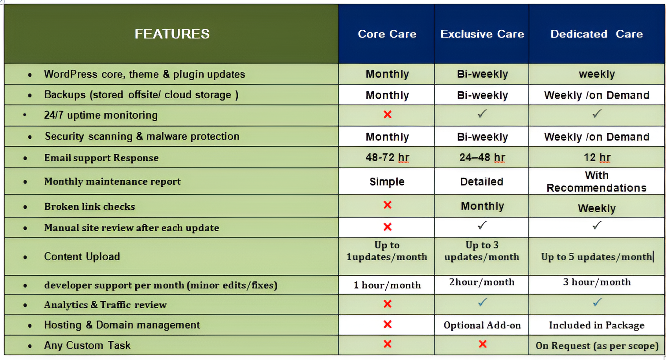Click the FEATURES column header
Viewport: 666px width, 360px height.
pyautogui.click(x=172, y=34)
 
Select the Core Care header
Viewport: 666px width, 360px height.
pyautogui.click(x=387, y=34)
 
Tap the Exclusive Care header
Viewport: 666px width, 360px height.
pyautogui.click(x=482, y=34)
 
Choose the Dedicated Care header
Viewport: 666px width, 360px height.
pyautogui.click(x=597, y=34)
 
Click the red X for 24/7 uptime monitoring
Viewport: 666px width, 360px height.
pyautogui.click(x=387, y=114)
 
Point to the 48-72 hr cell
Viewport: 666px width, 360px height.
pyautogui.click(x=387, y=158)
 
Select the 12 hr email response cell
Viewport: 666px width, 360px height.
pyautogui.click(x=597, y=158)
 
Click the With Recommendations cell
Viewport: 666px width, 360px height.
pyautogui.click(x=596, y=182)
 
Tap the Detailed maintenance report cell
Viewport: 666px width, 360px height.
pyautogui.click(x=482, y=182)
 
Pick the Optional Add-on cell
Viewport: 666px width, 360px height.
pyautogui.click(x=482, y=325)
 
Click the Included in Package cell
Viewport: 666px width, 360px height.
pyautogui.click(x=597, y=325)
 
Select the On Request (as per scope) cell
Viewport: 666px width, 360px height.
pyautogui.click(x=597, y=346)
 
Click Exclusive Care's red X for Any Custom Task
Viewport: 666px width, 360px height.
pyautogui.click(x=482, y=344)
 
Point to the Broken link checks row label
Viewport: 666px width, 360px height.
pyautogui.click(x=90, y=207)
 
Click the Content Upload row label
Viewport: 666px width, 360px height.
pyautogui.click(x=82, y=257)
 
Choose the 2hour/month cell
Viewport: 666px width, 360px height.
pyautogui.click(x=482, y=282)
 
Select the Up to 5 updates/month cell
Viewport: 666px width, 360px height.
pyautogui.click(x=596, y=257)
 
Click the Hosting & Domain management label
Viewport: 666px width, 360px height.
pyautogui.click(x=122, y=325)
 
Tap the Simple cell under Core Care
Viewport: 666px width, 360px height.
pyautogui.click(x=387, y=182)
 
